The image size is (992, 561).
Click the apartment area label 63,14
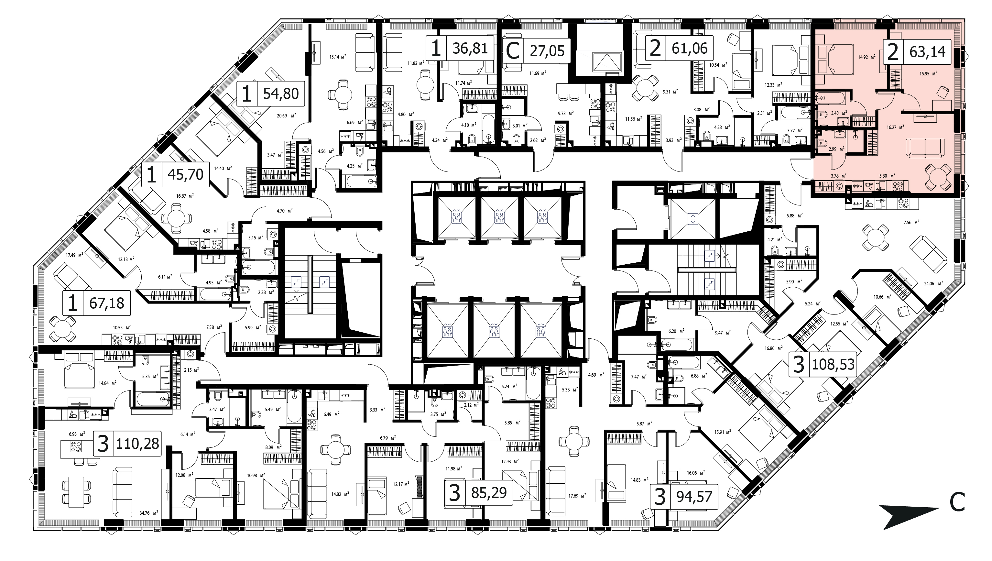927,51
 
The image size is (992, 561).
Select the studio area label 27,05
547,50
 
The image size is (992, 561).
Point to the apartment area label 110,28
137,444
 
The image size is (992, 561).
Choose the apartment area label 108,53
833,364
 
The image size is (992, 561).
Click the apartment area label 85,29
489,492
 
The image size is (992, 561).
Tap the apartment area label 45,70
186,174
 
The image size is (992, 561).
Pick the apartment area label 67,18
107,303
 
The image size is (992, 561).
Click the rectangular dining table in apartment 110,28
77,490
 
